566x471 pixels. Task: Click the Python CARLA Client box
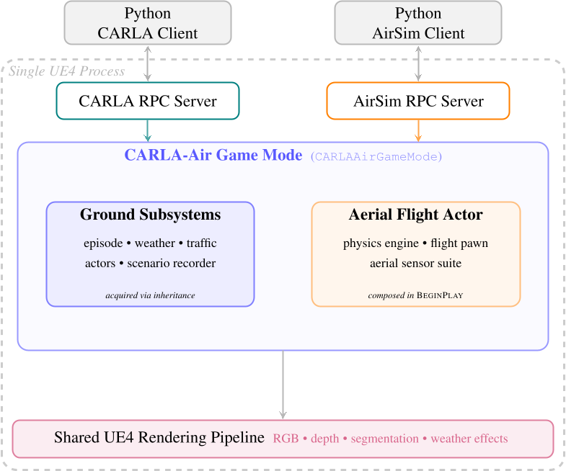tap(148, 23)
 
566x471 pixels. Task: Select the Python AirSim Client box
tap(418, 23)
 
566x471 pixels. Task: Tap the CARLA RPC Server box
tap(148, 101)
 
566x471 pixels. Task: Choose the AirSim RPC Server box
tap(418, 101)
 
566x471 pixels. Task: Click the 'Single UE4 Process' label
tap(66, 71)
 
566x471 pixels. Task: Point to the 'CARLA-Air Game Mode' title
tap(213, 156)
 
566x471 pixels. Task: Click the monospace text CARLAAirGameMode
tap(376, 156)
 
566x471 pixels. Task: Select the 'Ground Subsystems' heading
tap(150, 215)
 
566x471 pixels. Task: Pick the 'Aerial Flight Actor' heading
tap(415, 215)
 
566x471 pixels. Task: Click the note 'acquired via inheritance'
tap(150, 295)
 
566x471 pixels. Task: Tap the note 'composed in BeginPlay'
tap(415, 295)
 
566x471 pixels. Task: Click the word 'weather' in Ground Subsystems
tap(155, 243)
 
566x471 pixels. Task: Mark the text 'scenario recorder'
tap(171, 263)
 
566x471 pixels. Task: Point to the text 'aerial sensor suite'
tap(415, 263)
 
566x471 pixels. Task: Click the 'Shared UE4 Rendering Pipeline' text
tap(159, 438)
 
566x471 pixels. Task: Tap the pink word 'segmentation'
tap(384, 439)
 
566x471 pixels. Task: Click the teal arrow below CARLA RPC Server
tap(148, 130)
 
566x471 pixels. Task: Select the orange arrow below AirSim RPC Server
tap(418, 130)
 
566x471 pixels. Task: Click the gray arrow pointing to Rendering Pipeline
tap(283, 385)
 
